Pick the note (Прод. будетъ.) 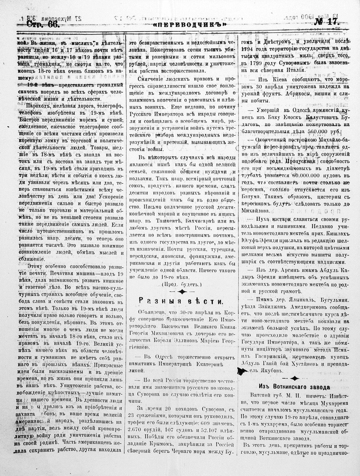(182, 284)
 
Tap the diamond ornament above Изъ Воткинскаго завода (295, 378)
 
